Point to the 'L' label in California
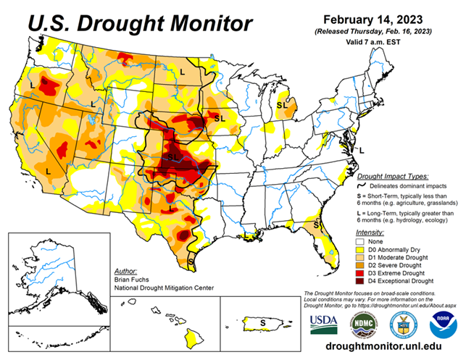point(49,171)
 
